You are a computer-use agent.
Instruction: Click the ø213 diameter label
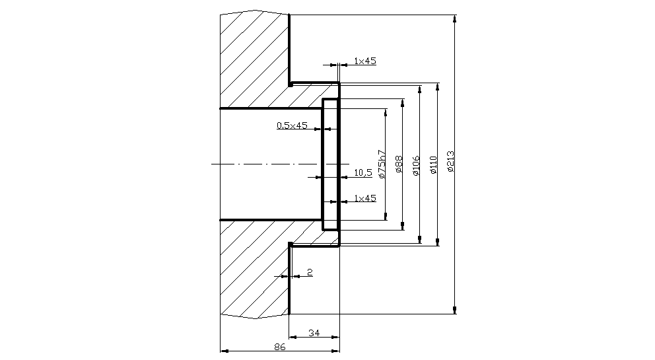pyautogui.click(x=450, y=162)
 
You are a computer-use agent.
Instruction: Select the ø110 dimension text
pyautogui.click(x=433, y=164)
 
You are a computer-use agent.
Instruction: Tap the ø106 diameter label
pyautogui.click(x=416, y=166)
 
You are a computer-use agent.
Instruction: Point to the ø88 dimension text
pyautogui.click(x=399, y=165)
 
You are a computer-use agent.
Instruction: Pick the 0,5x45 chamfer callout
pyautogui.click(x=292, y=126)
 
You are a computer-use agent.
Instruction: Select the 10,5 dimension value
pyautogui.click(x=363, y=172)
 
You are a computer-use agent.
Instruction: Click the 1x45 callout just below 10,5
pyautogui.click(x=365, y=198)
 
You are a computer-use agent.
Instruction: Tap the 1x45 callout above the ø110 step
pyautogui.click(x=365, y=61)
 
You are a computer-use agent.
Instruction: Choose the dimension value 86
pyautogui.click(x=279, y=347)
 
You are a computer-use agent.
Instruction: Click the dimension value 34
pyautogui.click(x=314, y=334)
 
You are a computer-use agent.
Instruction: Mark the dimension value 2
pyautogui.click(x=309, y=272)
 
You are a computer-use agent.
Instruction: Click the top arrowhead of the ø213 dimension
pyautogui.click(x=454, y=19)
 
